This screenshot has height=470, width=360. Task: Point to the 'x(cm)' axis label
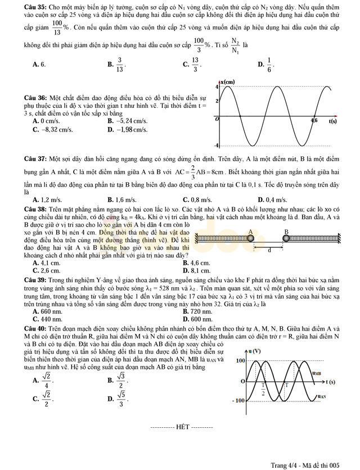[227, 82]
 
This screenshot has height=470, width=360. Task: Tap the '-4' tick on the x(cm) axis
[217, 146]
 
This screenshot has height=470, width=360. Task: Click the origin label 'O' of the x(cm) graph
[217, 120]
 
